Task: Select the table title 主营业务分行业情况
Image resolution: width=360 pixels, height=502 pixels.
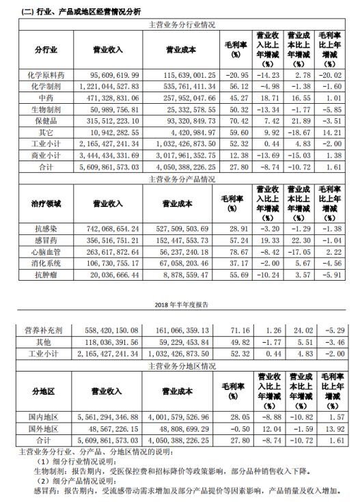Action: click(x=182, y=25)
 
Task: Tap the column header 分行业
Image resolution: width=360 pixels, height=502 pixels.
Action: click(x=46, y=50)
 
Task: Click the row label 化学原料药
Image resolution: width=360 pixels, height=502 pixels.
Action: click(x=46, y=74)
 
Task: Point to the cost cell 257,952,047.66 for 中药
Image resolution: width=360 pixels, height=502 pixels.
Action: click(x=182, y=100)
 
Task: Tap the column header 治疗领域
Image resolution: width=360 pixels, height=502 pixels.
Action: click(x=46, y=203)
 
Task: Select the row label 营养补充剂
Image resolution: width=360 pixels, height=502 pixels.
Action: click(x=46, y=330)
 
